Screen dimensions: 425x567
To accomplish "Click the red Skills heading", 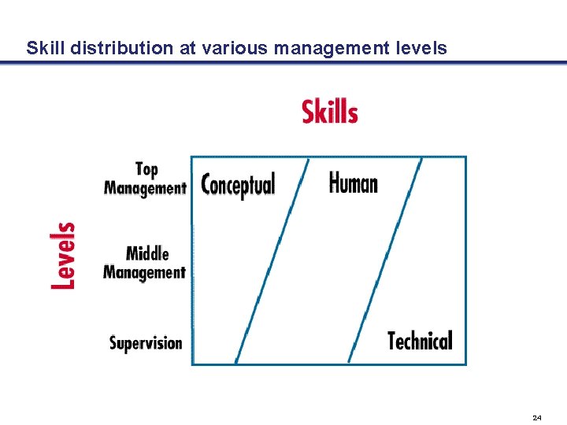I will [330, 112].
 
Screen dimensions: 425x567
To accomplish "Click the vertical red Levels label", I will [64, 256].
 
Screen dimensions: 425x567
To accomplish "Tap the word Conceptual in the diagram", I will [238, 185].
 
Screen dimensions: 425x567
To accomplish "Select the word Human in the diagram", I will [353, 183].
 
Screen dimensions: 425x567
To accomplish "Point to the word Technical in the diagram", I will [420, 341].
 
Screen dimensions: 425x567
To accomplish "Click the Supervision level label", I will [146, 343].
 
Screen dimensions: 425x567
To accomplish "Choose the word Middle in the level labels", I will [147, 253].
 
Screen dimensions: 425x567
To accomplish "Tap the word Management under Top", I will [145, 188].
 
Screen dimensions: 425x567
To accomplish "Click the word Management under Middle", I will [144, 272].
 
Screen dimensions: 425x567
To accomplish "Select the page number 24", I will [537, 417].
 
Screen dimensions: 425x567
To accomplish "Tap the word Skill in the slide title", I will [45, 48].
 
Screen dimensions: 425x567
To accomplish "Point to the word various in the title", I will [234, 48].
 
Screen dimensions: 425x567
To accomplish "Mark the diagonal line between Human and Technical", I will [385, 260].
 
